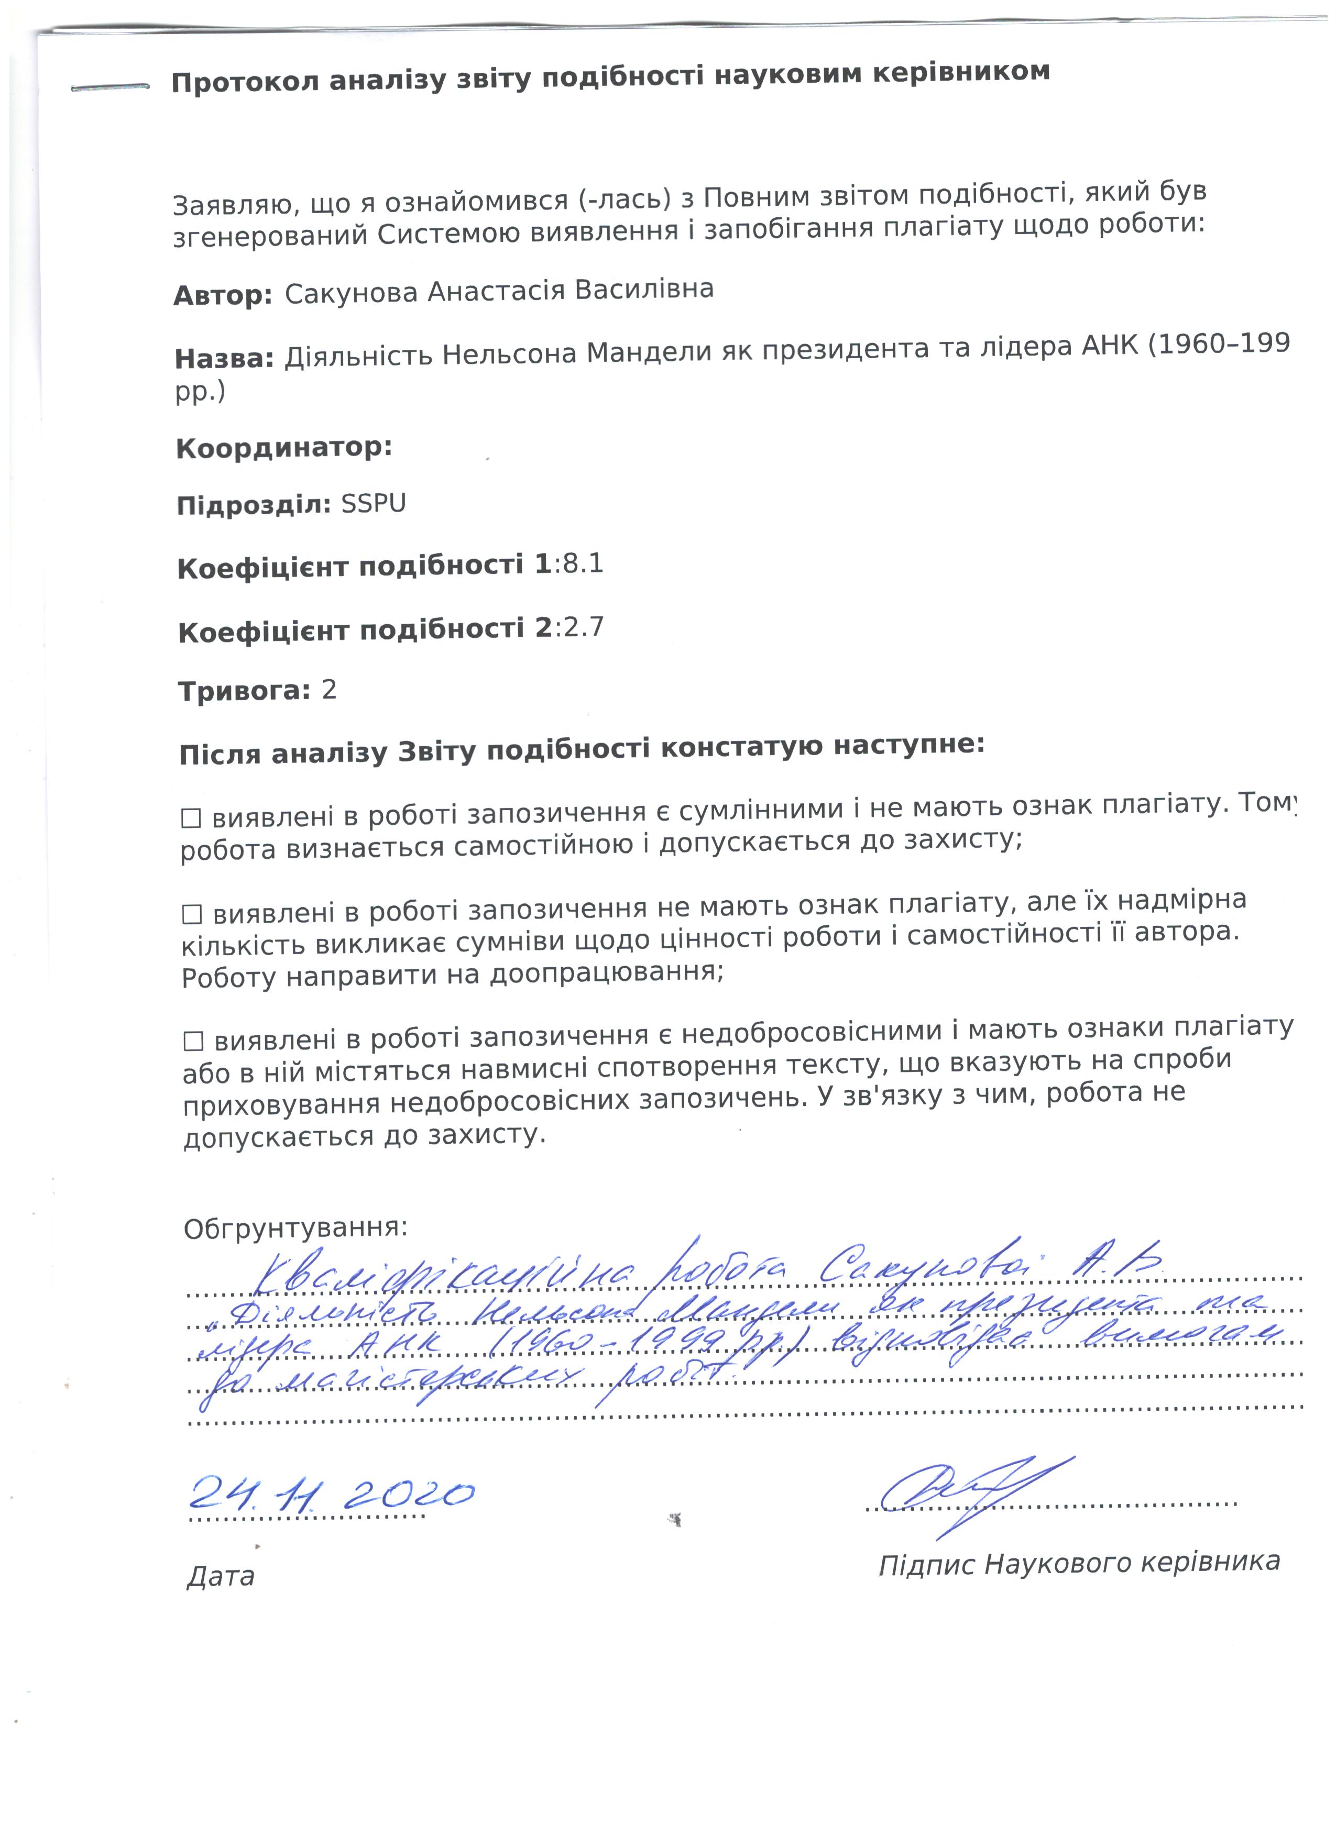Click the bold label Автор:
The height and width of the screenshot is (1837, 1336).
[223, 296]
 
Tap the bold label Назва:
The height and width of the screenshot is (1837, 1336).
[224, 358]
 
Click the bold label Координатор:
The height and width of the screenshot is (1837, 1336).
[283, 448]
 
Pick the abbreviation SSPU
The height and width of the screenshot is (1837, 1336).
[374, 504]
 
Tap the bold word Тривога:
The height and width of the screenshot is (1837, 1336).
[244, 691]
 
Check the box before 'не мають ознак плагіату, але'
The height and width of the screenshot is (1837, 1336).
[192, 915]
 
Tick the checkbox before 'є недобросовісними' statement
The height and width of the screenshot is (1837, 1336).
[194, 1041]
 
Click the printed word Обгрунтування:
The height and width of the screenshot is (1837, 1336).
[295, 1229]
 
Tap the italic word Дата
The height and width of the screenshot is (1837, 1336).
[221, 1576]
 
